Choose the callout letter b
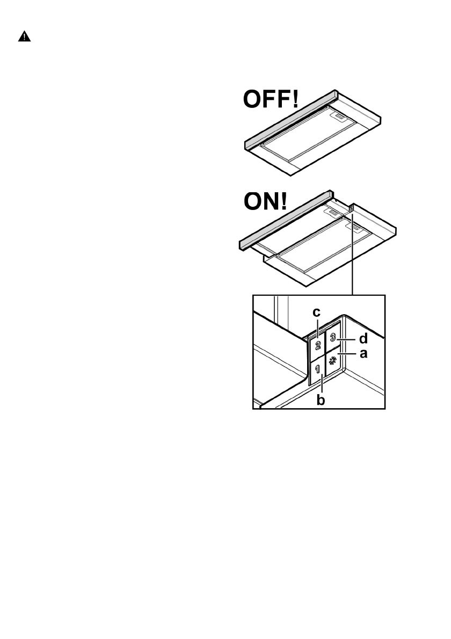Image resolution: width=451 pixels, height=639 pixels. coord(321,400)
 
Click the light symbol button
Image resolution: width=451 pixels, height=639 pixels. coord(333,361)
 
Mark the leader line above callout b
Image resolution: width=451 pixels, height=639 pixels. coord(321,386)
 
